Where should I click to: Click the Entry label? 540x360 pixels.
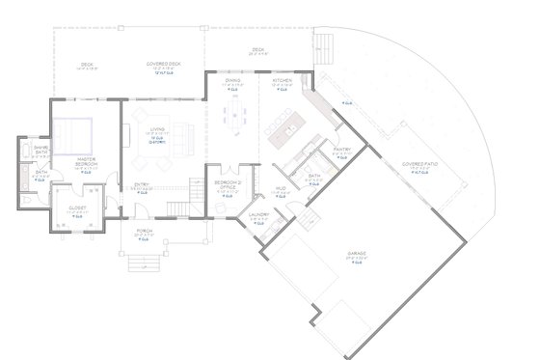click(142, 185)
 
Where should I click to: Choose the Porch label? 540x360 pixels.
click(145, 232)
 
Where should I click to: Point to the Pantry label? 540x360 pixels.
click(340, 150)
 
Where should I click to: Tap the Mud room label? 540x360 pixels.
click(281, 189)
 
